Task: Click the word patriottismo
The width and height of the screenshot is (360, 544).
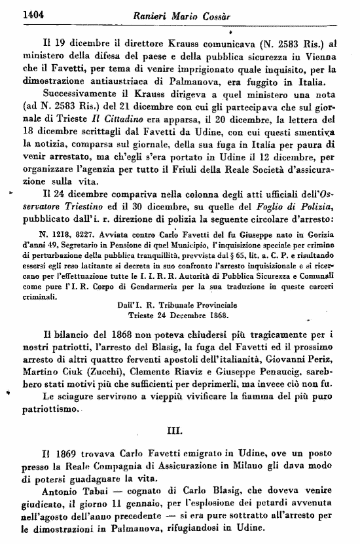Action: click(49, 413)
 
